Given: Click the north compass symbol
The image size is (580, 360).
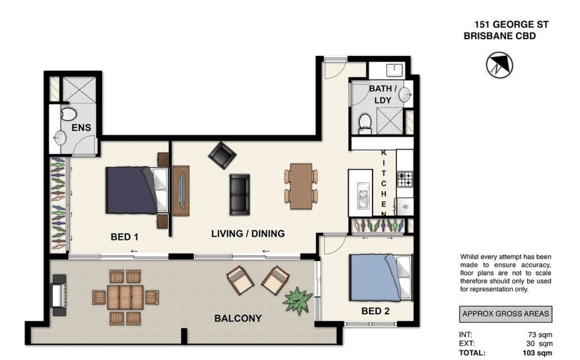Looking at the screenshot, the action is [499, 65].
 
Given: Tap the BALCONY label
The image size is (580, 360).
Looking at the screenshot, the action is [238, 318].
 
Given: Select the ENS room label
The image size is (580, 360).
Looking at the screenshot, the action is [81, 128].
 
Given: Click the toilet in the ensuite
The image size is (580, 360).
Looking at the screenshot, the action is [68, 114].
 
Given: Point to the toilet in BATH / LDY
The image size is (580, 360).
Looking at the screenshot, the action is [365, 124].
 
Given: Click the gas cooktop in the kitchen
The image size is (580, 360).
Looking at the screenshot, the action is [405, 179].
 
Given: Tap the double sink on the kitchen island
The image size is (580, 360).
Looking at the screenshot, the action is [363, 195].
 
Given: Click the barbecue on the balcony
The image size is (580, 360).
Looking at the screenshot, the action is [59, 295].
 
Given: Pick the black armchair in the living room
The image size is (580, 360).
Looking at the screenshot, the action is [222, 155].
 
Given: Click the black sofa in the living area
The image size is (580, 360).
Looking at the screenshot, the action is [240, 195].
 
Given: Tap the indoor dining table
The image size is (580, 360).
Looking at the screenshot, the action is [301, 186].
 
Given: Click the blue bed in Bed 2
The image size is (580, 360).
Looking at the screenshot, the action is [380, 278].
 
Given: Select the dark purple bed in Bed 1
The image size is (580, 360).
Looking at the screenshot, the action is [137, 190].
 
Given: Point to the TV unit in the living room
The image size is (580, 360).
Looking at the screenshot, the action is [181, 190].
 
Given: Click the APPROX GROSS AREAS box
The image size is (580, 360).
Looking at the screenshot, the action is [506, 314].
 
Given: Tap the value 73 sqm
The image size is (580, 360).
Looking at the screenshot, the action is [540, 335].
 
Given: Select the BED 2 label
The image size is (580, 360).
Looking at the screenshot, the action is [375, 311].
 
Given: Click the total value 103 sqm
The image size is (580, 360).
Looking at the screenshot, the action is [537, 353].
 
